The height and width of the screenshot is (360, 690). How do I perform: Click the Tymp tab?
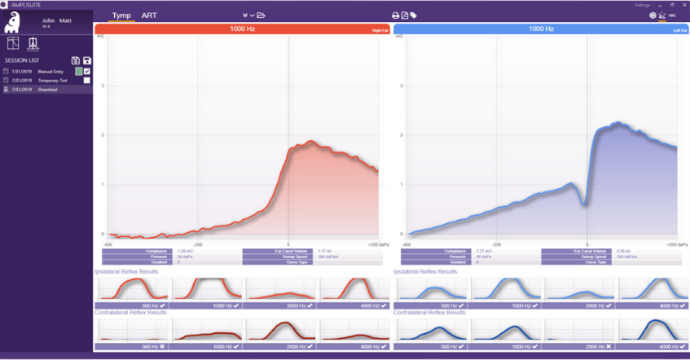121,15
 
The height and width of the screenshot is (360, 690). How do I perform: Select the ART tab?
149,15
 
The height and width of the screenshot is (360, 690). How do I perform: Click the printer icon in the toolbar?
396,15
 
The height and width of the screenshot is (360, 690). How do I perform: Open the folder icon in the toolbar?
261,15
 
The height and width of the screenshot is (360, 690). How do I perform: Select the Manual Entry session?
51,72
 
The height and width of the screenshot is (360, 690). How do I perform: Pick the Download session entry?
47,90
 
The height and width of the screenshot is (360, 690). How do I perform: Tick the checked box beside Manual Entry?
87,72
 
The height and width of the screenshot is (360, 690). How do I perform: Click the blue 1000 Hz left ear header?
541,29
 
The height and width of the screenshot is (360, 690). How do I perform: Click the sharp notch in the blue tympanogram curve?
586,202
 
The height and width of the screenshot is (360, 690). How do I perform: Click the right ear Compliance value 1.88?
185,251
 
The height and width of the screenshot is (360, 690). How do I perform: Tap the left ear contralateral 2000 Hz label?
578,346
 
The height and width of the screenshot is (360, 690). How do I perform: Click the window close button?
683,5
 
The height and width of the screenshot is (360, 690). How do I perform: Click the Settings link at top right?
642,5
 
